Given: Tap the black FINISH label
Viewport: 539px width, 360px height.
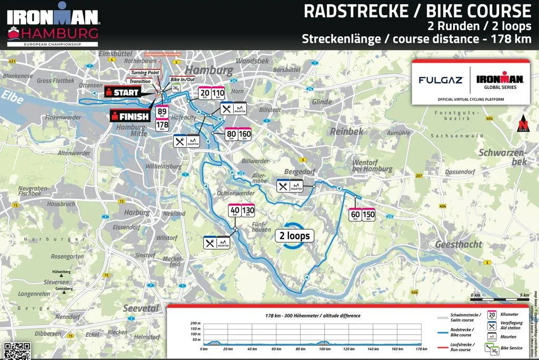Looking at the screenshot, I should [129, 116].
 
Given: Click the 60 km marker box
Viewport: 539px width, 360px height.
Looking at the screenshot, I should [355, 214].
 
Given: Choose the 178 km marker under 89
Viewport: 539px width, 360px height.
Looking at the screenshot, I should [162, 124].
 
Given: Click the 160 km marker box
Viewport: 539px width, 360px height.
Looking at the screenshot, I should [245, 134].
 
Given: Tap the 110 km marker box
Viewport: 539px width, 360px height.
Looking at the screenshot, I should [218, 93].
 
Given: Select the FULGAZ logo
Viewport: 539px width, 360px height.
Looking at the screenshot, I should [441, 80].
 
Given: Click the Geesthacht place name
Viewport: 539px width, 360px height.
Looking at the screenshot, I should [458, 244].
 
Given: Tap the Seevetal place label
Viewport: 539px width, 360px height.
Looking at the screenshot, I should [140, 308].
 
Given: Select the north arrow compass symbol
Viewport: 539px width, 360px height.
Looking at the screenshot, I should [523, 123].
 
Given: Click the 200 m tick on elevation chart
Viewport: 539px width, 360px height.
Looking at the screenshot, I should [195, 323].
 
